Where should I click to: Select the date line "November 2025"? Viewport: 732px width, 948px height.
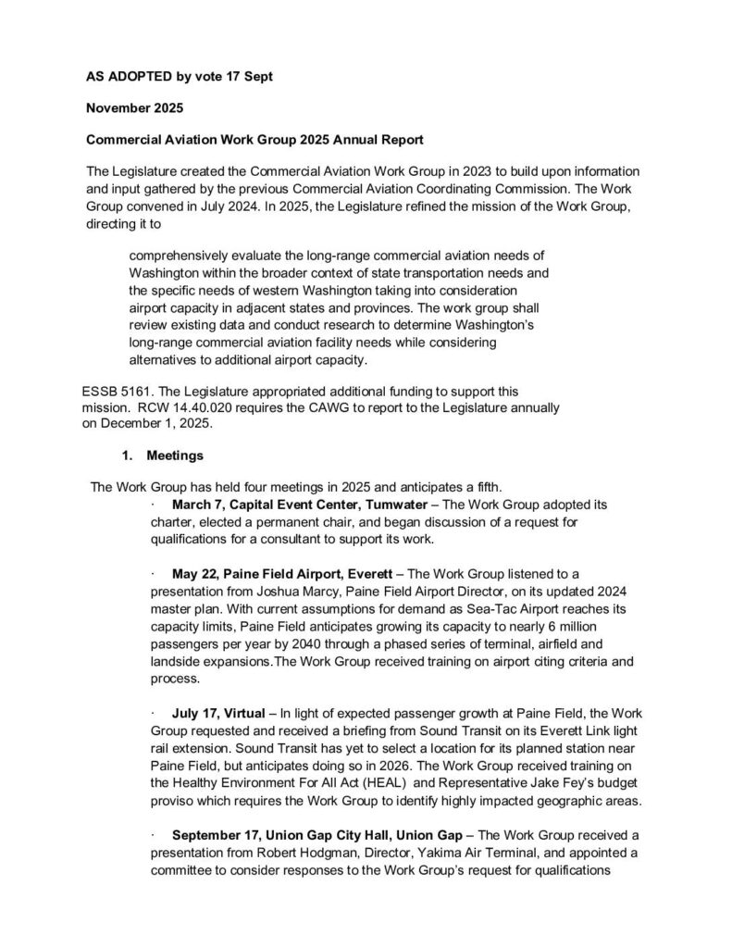[x=134, y=108]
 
